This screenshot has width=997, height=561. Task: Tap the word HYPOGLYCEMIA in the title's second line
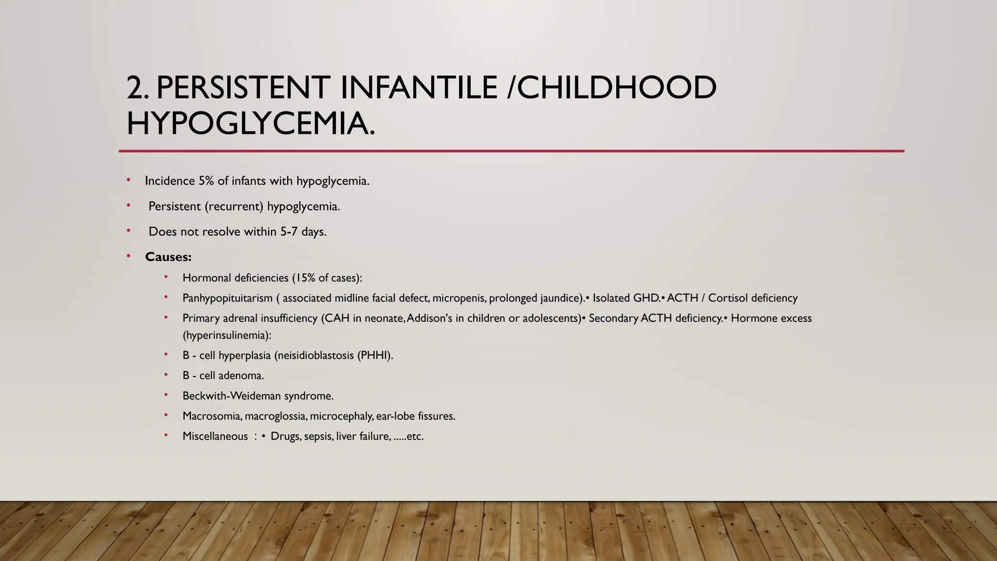coord(250,123)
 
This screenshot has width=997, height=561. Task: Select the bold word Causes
coord(168,257)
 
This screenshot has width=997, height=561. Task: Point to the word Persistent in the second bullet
coord(174,206)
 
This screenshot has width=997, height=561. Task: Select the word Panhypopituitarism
coord(227,298)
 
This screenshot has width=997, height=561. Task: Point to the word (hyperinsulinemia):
coord(227,336)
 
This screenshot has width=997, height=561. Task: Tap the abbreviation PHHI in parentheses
coord(375,355)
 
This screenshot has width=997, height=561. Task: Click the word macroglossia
coord(276,416)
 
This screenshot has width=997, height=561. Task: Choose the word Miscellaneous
coord(215,436)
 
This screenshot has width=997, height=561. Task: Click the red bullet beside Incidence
coord(129,180)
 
